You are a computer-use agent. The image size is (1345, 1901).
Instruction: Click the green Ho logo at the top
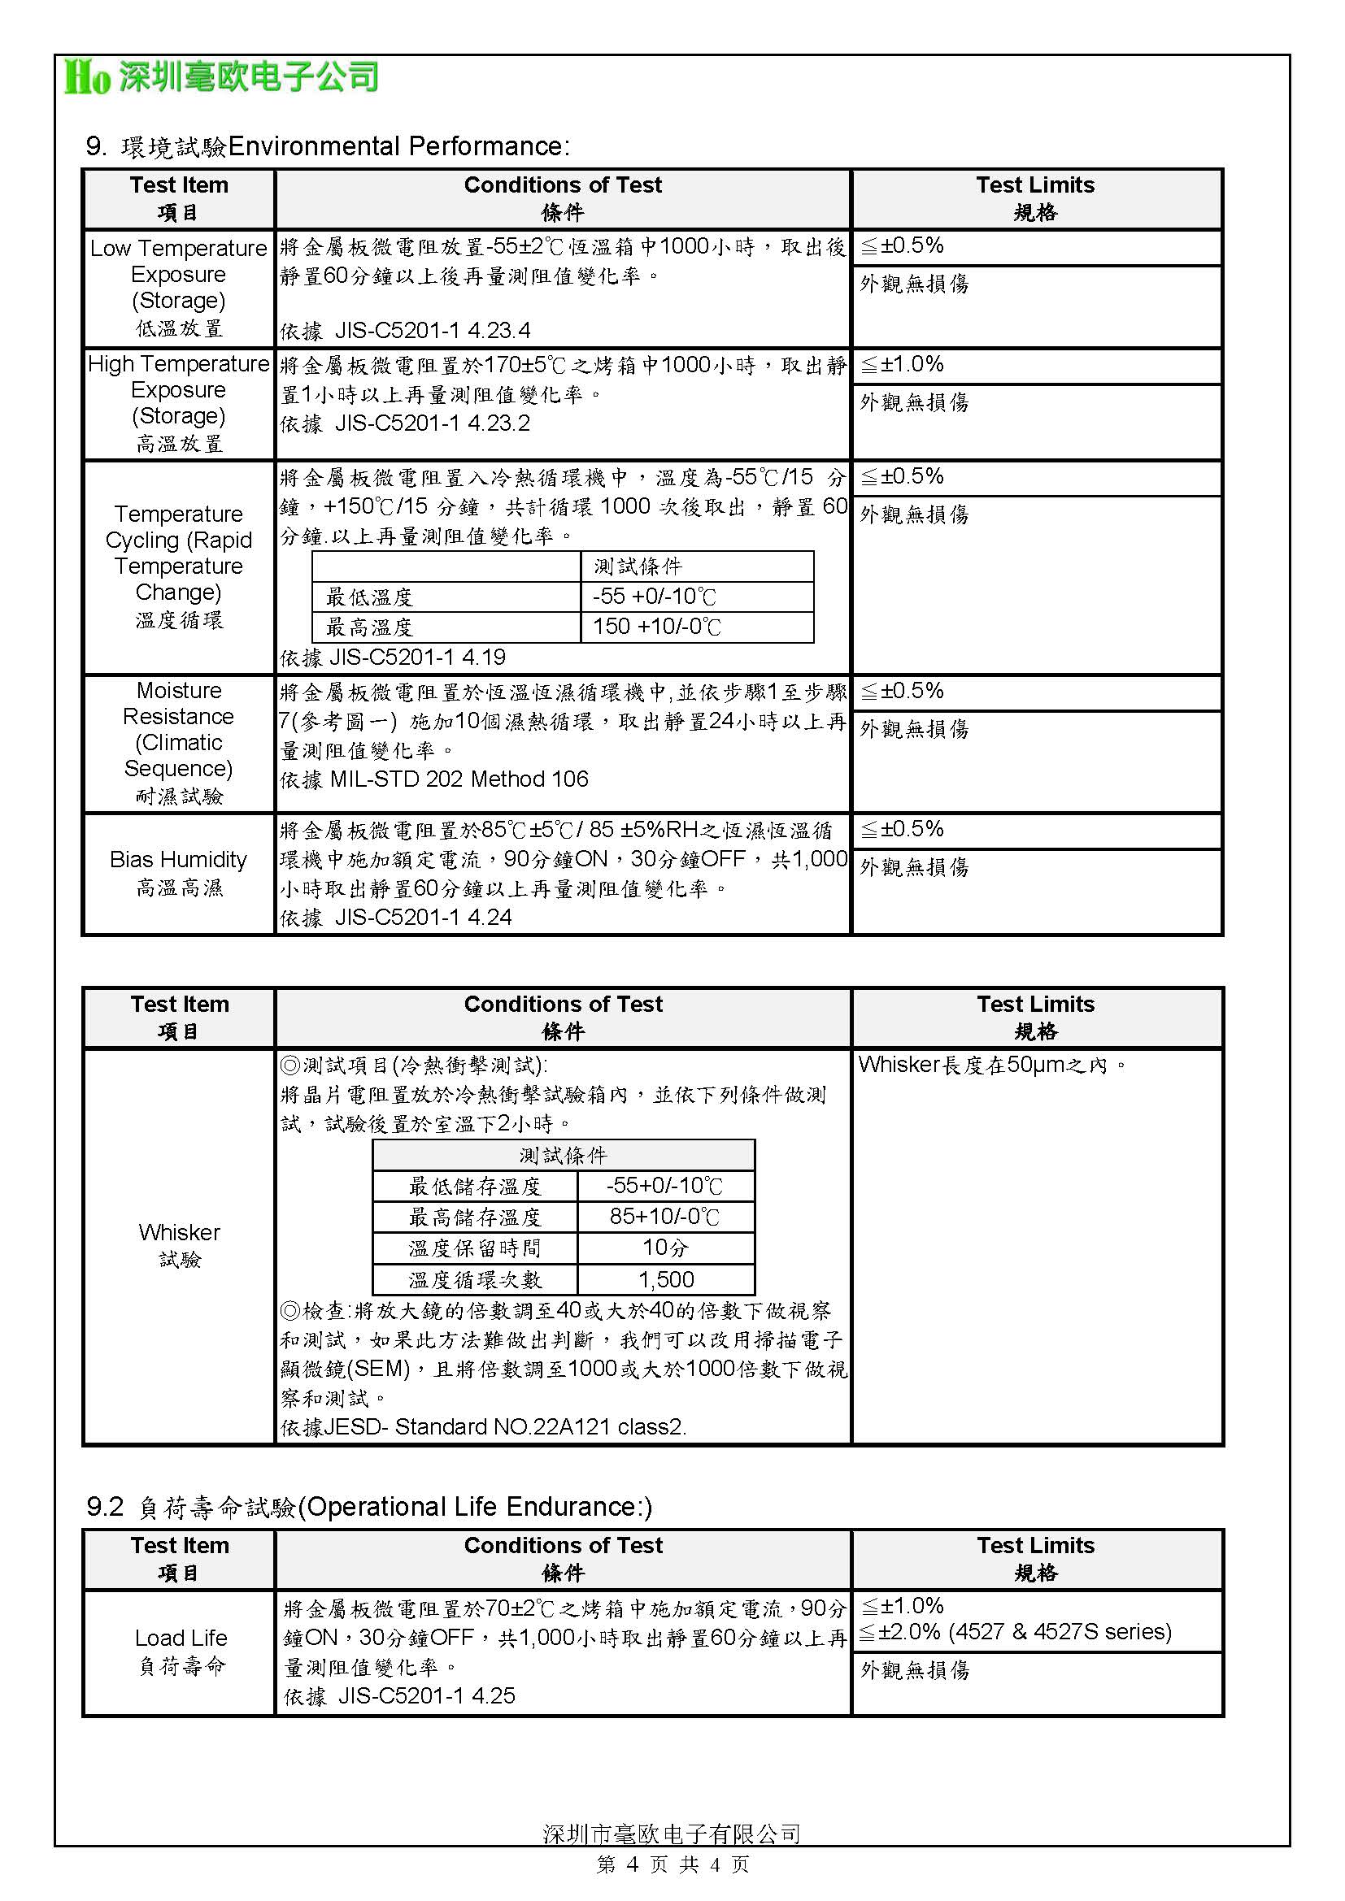[88, 78]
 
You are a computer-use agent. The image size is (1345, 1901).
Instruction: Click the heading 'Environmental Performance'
[398, 146]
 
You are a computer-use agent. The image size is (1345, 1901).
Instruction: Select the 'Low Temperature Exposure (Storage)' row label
[179, 286]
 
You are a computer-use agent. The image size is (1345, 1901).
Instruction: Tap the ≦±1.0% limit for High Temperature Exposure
[903, 364]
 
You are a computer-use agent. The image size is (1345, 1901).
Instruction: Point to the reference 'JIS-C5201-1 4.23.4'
[432, 331]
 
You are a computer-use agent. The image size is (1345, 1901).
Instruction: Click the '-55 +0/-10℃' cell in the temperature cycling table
[655, 597]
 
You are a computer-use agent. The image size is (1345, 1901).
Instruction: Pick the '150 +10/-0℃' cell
[656, 627]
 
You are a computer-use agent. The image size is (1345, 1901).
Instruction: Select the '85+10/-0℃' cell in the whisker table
[665, 1217]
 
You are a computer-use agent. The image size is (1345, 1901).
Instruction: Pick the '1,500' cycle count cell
[666, 1279]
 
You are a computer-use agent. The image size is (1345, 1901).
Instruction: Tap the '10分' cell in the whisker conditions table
[665, 1248]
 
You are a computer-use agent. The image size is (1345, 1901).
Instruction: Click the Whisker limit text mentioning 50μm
[991, 1065]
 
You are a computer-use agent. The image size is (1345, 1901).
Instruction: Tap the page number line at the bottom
[672, 1864]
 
